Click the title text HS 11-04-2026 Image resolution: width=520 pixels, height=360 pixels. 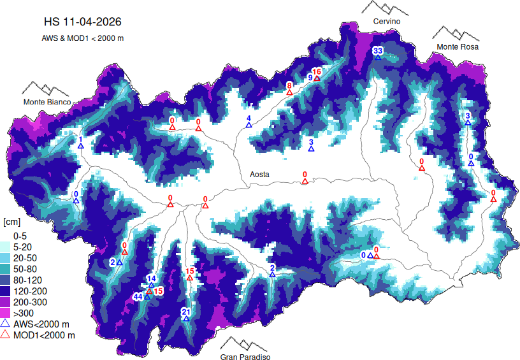tap(82, 22)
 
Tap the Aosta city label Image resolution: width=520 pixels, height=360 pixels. tap(259, 174)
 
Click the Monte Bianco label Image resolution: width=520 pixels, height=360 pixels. tap(47, 102)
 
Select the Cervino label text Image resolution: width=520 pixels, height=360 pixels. tap(387, 22)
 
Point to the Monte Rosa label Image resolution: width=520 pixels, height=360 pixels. tap(457, 47)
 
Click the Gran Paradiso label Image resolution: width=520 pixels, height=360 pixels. tap(245, 357)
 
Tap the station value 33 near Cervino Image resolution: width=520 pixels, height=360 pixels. tap(378, 50)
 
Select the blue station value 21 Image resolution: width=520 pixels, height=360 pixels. tap(185, 312)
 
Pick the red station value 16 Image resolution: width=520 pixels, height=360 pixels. tap(317, 71)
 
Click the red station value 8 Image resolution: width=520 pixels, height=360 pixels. tap(289, 85)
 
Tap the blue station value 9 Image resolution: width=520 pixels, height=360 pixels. tap(310, 78)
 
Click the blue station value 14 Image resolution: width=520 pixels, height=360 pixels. tap(151, 278)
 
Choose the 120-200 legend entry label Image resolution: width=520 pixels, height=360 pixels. tap(29, 291)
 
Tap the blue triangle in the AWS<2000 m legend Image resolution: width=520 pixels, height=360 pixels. tap(6, 324)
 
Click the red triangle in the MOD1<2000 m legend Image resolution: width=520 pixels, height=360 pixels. tap(6, 335)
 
